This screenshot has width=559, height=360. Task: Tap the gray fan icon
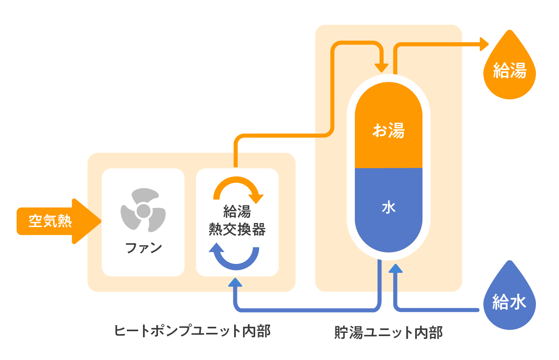(143, 210)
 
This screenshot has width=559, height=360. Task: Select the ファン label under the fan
(143, 247)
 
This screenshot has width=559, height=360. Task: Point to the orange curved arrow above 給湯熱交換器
(237, 187)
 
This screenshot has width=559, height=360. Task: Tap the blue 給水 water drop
(510, 300)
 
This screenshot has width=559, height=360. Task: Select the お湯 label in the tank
(388, 131)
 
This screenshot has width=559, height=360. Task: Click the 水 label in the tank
(388, 208)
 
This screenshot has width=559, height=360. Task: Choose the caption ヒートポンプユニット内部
(192, 331)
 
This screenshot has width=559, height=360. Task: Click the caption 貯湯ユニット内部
(388, 332)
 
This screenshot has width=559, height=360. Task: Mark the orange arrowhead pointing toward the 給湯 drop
(484, 44)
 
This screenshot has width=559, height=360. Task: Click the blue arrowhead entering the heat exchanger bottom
(235, 282)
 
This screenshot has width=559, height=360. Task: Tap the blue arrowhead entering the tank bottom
(395, 268)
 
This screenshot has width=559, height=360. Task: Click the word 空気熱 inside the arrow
(50, 221)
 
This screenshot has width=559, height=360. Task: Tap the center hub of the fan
(143, 210)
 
